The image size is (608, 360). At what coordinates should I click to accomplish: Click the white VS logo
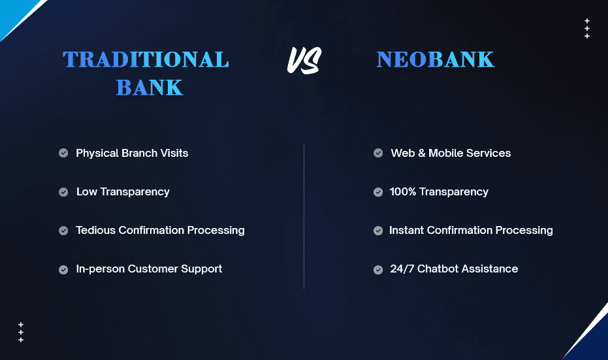(304, 61)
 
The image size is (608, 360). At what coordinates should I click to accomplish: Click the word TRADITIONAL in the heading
(146, 59)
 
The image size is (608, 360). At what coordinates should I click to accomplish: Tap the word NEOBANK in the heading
(436, 59)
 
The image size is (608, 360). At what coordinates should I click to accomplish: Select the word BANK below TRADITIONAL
(150, 88)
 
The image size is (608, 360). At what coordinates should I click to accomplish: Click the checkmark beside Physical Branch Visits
(63, 154)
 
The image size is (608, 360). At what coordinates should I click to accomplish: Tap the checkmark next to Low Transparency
(63, 192)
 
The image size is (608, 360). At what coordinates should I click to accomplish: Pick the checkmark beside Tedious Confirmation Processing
(63, 231)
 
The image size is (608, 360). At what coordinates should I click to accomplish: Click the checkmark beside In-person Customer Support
(63, 270)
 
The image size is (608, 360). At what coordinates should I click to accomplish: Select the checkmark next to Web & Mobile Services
(378, 154)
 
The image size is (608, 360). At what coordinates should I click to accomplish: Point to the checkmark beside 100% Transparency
(378, 192)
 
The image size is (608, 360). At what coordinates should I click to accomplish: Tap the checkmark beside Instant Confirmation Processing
(378, 231)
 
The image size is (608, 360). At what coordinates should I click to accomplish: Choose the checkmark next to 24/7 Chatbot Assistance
(378, 270)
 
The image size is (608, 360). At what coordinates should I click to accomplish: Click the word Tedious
(96, 231)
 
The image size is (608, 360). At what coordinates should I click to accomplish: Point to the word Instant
(406, 231)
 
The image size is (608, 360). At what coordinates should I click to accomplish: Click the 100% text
(402, 191)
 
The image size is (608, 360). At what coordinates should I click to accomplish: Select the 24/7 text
(402, 269)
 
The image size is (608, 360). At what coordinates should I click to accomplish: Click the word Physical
(97, 154)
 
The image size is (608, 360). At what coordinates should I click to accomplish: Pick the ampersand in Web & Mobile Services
(421, 154)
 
